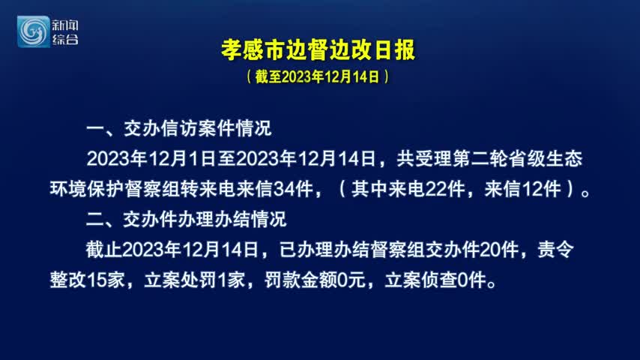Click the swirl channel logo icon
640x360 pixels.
33,31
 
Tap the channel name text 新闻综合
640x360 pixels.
65,31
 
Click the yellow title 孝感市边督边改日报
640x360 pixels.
318,50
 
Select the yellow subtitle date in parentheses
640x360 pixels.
318,76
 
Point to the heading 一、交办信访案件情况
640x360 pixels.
179,128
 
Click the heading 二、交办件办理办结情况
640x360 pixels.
186,220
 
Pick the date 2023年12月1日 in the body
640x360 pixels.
151,158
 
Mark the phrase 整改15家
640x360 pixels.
87,280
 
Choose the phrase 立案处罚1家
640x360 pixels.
194,280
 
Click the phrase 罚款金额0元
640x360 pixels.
315,280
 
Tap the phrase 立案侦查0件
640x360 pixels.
436,280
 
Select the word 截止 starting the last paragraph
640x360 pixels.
104,250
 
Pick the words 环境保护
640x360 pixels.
87,189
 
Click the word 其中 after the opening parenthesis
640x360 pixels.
369,189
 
